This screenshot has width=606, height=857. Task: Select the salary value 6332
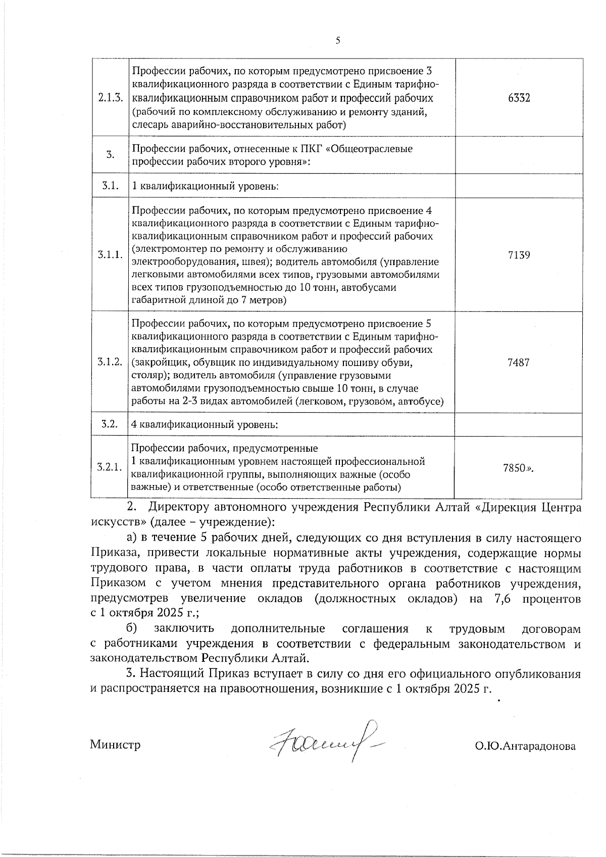[519, 98]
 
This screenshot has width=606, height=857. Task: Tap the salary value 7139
[519, 255]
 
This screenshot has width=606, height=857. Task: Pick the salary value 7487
[519, 363]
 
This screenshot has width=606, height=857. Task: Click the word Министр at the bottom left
[115, 745]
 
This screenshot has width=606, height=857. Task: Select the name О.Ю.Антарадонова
[524, 746]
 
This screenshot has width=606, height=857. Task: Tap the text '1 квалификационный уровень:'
[205, 186]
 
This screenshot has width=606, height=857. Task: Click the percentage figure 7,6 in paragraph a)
[501, 599]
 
